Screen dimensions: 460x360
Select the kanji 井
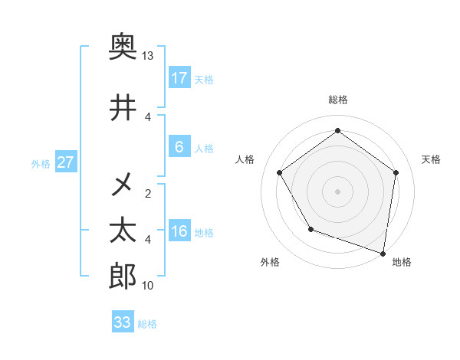coord(123,108)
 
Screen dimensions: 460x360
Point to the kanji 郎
coord(123,277)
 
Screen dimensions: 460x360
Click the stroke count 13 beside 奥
coord(148,56)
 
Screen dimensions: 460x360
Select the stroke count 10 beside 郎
coord(148,286)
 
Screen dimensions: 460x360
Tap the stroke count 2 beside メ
coord(148,193)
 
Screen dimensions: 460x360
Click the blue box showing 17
coord(179,78)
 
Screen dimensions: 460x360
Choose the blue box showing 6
coord(179,147)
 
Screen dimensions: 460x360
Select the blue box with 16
coord(179,231)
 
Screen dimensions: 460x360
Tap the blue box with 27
coord(65,162)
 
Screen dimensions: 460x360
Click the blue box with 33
coord(122,322)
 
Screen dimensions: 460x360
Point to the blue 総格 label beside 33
coord(147,324)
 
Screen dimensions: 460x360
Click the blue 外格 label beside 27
coord(41,163)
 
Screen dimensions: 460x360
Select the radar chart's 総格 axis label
coord(337,100)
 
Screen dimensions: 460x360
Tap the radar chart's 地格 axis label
coord(402,262)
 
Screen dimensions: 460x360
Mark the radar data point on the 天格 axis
coord(396,172)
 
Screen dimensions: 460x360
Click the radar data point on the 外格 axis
coord(310,229)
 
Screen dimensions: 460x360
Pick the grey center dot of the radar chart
coord(337,191)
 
